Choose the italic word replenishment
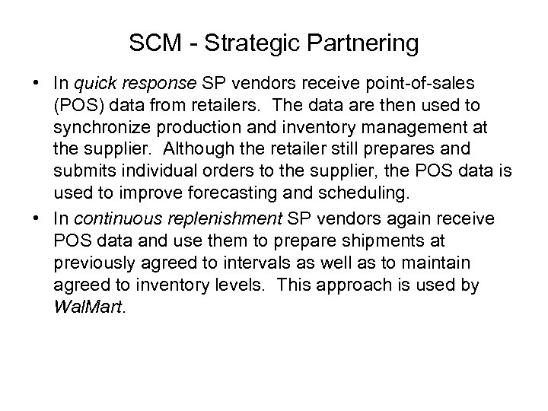click(228, 219)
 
